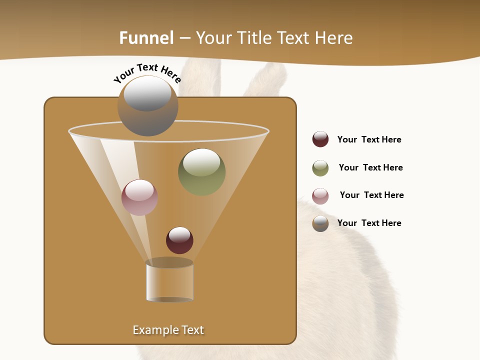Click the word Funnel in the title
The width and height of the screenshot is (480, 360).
tap(146, 38)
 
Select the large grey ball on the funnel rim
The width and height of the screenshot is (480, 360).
tap(147, 106)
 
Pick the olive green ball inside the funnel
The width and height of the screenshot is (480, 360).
tap(201, 172)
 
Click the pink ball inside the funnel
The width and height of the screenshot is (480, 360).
tap(139, 197)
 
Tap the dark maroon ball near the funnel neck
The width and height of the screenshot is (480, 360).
tap(179, 240)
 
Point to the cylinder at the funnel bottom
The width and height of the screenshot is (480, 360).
tap(169, 281)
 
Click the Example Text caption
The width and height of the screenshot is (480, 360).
tap(168, 330)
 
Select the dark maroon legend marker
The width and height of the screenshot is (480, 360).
tap(320, 139)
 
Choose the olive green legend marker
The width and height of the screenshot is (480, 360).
tap(320, 168)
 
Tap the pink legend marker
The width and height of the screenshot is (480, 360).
tap(320, 196)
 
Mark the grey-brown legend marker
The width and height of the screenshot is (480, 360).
tap(320, 223)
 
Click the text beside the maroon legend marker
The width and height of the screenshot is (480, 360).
tap(369, 139)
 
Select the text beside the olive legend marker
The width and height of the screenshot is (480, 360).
tap(370, 167)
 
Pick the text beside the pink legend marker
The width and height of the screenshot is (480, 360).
tap(371, 195)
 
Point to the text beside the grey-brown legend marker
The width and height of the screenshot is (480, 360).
tap(369, 223)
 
